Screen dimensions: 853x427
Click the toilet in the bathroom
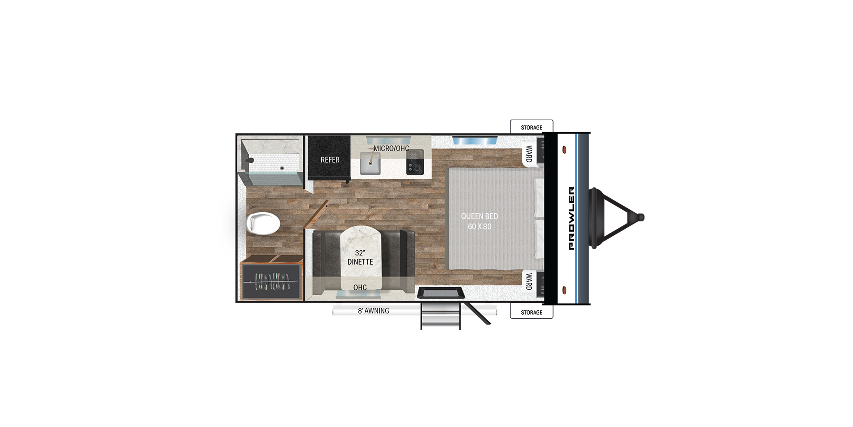point(263,223)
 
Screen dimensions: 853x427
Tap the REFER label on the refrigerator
point(330,160)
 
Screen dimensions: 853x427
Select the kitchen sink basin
point(370,164)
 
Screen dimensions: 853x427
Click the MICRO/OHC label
point(391,149)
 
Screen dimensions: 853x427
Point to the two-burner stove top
point(415,162)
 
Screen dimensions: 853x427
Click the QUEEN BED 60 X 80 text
point(480,221)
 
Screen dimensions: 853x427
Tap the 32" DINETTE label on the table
point(360,257)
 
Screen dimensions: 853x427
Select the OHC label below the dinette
point(360,287)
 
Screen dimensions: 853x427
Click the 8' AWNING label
point(373,311)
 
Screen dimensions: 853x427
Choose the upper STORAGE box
point(532,127)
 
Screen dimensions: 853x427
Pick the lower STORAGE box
point(532,312)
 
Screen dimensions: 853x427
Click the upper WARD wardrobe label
point(529,154)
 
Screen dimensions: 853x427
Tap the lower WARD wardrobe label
point(529,281)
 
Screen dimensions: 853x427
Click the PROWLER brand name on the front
point(571,218)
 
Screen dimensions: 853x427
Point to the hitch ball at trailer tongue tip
point(641,218)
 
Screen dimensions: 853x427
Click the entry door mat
point(441,293)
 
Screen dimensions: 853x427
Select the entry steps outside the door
point(441,316)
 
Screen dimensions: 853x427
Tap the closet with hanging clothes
point(271,282)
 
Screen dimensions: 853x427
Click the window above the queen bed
point(474,140)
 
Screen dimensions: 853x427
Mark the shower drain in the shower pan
point(282,168)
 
